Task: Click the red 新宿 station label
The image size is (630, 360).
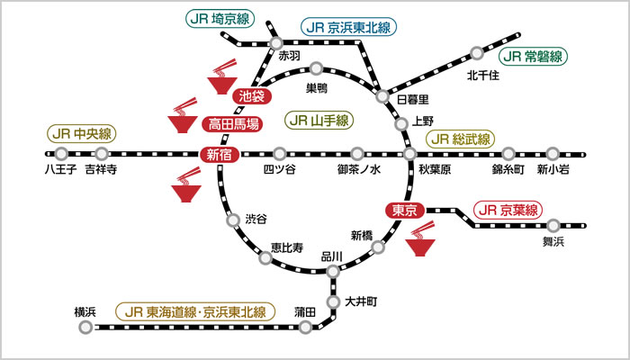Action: pyautogui.click(x=220, y=155)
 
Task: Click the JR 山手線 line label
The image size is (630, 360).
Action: pyautogui.click(x=319, y=120)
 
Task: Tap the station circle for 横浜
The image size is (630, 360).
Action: pyautogui.click(x=85, y=328)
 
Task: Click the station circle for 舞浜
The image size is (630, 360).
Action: pyautogui.click(x=553, y=226)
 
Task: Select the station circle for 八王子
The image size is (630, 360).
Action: pyautogui.click(x=62, y=154)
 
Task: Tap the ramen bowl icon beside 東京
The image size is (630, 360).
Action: pyautogui.click(x=420, y=242)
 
